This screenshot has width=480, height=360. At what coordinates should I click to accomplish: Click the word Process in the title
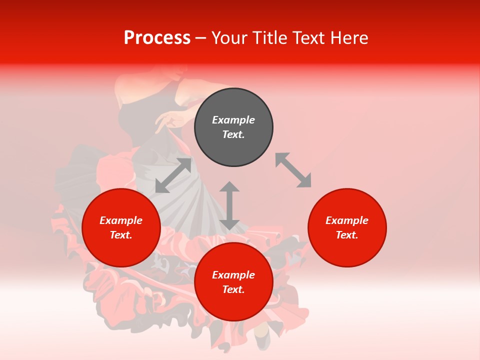157,38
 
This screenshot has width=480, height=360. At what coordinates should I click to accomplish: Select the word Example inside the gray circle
233,120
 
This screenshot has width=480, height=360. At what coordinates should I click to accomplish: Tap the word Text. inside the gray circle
233,134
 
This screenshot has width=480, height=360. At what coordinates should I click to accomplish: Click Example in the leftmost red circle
121,220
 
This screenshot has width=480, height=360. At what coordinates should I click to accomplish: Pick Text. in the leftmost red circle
121,235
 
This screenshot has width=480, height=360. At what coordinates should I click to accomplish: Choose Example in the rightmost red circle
347,220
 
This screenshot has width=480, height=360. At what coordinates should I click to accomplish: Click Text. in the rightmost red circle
347,235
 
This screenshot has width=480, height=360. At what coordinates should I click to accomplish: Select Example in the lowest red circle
233,275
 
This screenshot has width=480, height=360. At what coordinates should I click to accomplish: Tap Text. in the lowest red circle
233,289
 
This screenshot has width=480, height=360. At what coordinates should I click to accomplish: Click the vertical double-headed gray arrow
229,205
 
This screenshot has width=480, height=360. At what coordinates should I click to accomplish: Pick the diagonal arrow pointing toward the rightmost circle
293,170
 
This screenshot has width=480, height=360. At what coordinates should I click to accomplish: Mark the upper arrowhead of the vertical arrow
229,186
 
